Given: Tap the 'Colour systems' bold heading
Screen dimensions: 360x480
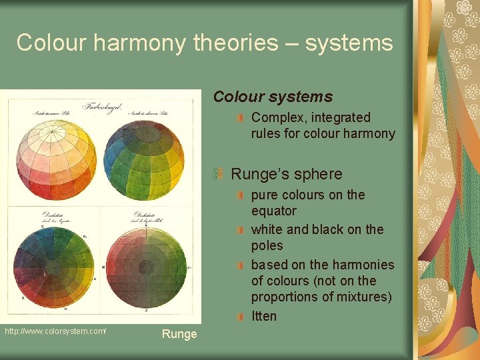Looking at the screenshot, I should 273,97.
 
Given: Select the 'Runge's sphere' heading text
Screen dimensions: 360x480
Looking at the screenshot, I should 286,174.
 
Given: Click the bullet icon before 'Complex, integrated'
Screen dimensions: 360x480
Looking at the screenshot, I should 241,118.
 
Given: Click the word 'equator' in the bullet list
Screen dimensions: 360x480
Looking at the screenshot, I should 273,211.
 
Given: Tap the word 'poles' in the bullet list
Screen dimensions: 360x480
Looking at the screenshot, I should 267,245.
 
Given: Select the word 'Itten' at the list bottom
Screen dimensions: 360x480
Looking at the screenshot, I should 263,316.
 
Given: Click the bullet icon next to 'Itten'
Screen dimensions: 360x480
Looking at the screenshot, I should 241,317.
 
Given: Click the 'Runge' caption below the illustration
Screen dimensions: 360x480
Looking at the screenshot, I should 179,334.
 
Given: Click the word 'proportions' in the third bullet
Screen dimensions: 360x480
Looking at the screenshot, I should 285,297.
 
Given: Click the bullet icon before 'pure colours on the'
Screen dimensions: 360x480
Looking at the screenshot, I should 241,195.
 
